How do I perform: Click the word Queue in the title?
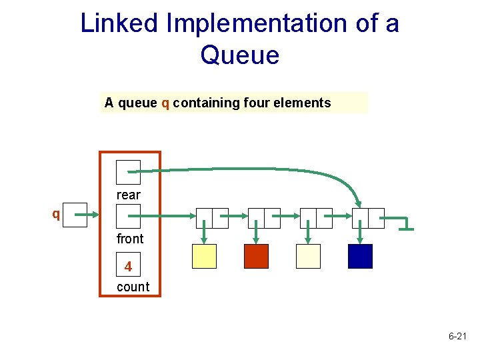point(239,55)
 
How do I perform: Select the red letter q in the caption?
point(165,103)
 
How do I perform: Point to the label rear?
point(128,195)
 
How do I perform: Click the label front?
point(129,239)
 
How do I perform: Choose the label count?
point(133,287)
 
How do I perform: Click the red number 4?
point(128,267)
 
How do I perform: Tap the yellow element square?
point(204,256)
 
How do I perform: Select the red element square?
point(256,256)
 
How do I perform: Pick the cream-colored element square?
point(308,256)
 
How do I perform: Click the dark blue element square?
point(360,256)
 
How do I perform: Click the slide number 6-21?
point(457,337)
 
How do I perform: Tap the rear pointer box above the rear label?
point(128,172)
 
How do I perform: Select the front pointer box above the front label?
point(128,216)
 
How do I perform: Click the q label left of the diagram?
point(56,214)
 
